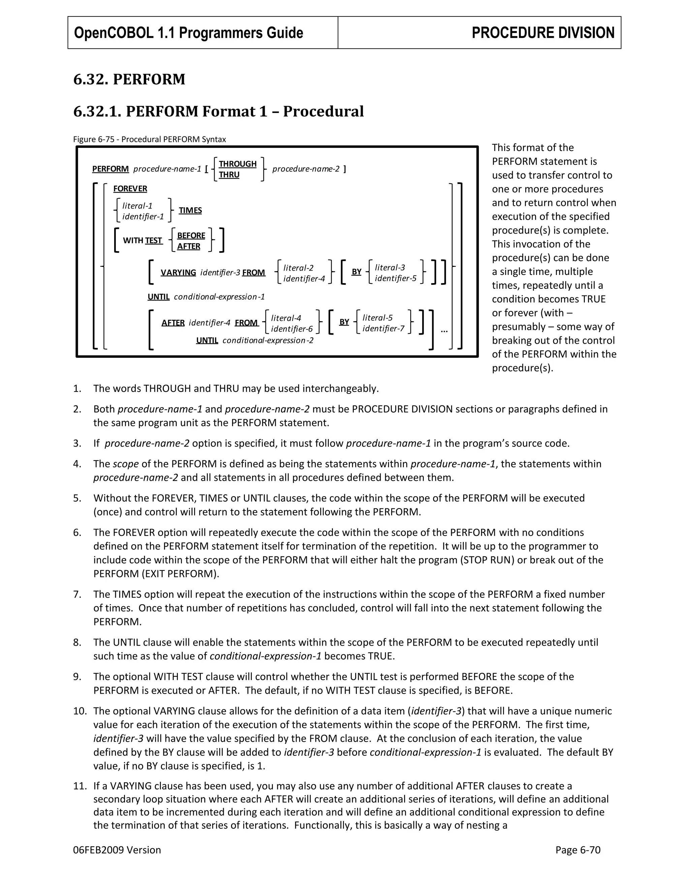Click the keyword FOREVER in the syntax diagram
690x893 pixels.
click(130, 188)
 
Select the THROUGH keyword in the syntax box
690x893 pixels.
click(238, 163)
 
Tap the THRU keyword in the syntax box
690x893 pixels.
click(229, 175)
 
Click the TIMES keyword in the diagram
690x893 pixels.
click(190, 210)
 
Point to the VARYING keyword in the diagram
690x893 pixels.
click(178, 272)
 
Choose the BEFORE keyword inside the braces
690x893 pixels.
click(191, 236)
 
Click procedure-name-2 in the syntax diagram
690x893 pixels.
click(306, 169)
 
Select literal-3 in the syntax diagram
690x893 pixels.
click(389, 268)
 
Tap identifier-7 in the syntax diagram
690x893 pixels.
click(383, 328)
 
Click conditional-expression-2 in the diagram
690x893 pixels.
click(268, 340)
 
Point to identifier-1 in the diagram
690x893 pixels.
click(143, 217)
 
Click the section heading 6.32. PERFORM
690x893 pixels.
click(129, 79)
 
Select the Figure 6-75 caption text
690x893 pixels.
click(149, 139)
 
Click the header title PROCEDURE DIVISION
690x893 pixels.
click(542, 33)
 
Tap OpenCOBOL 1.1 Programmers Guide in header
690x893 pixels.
click(188, 33)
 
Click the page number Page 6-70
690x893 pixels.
click(577, 850)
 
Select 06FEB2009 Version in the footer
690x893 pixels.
click(117, 850)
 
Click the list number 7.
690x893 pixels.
click(77, 594)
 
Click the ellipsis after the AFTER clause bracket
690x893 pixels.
click(444, 330)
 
